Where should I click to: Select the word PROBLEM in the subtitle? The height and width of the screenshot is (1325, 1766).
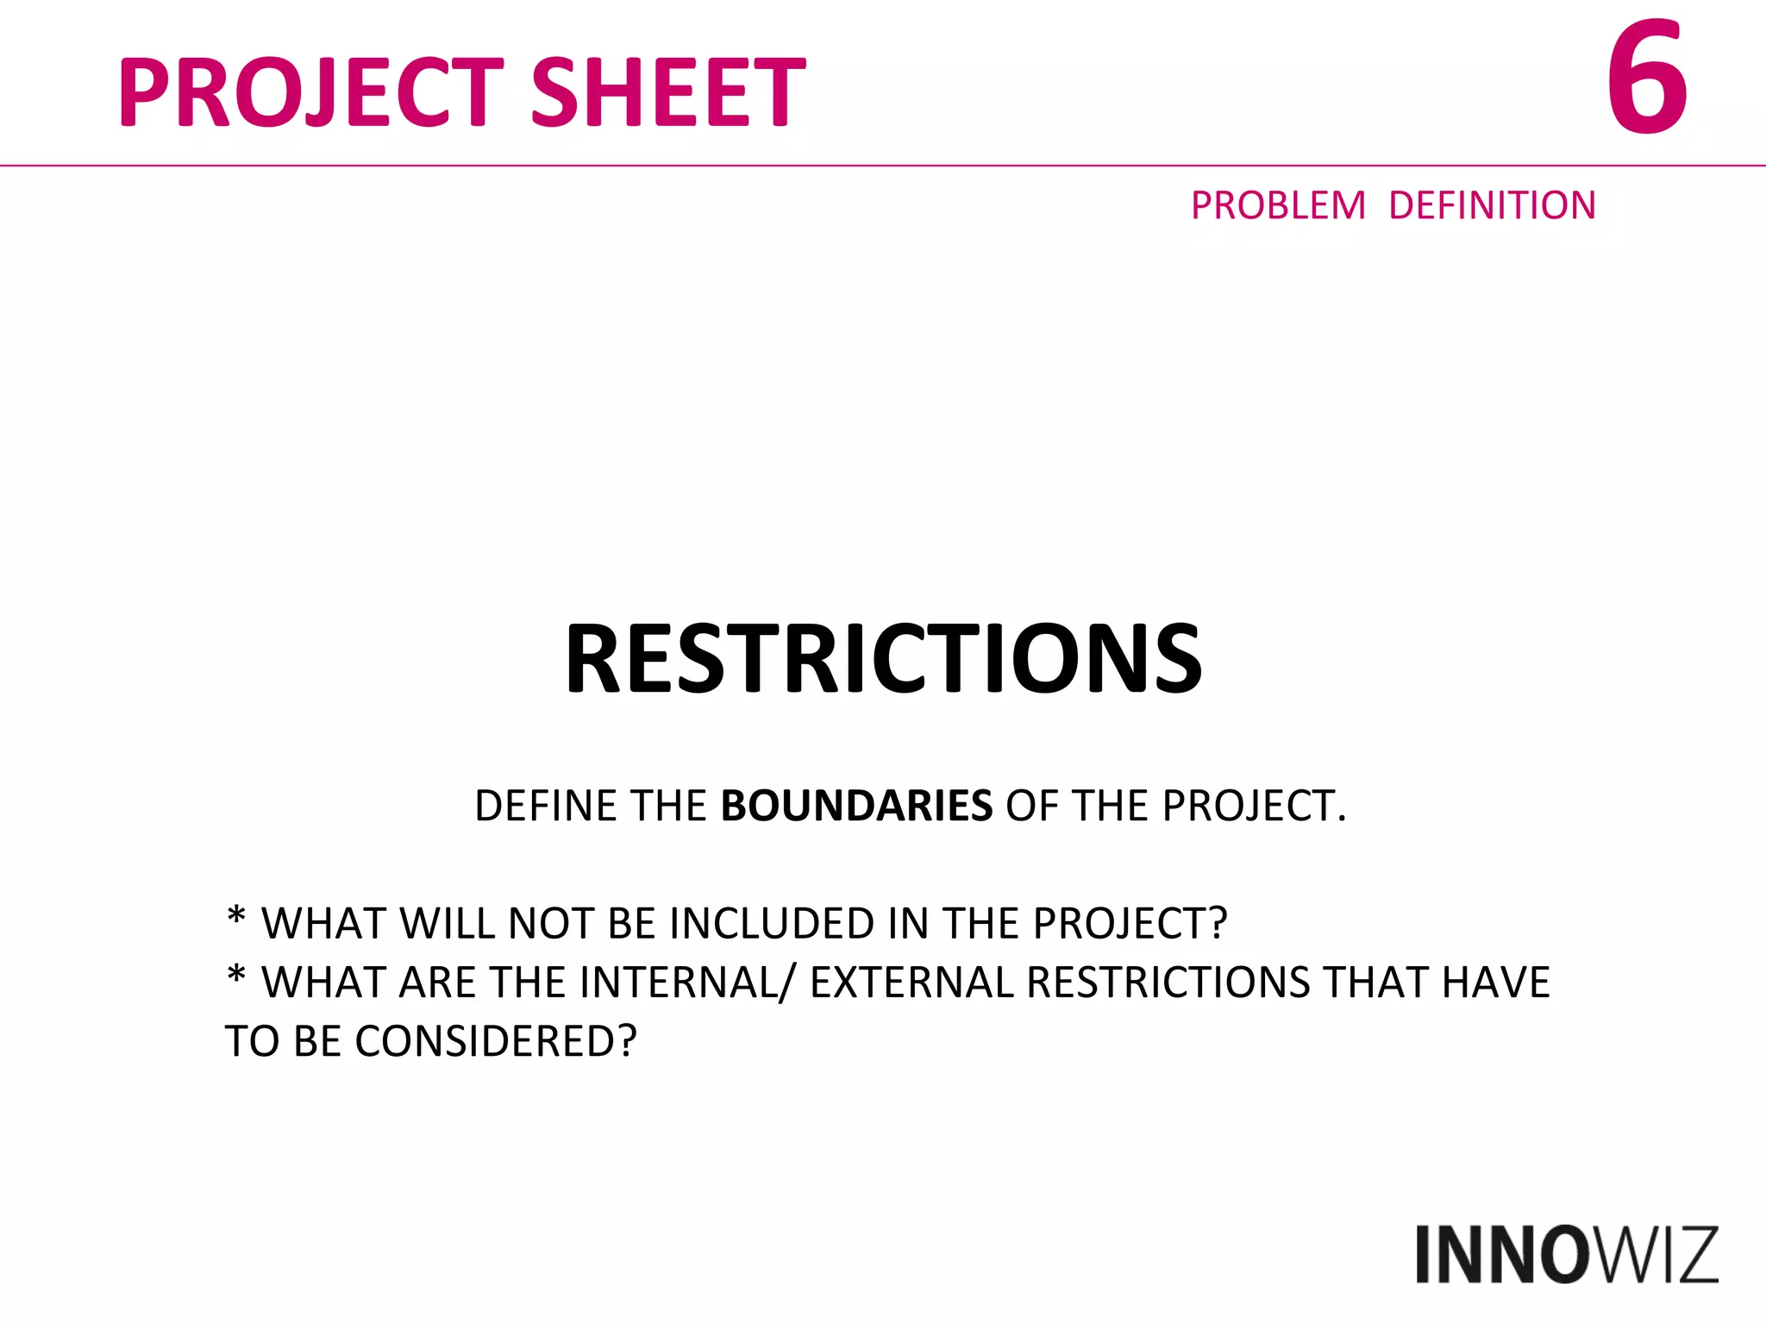coord(1278,206)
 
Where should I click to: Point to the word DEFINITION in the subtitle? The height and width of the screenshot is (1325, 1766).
coord(1492,206)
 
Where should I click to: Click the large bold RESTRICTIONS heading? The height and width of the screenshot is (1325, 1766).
coord(883,659)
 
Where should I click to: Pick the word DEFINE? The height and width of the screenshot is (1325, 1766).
coord(545,807)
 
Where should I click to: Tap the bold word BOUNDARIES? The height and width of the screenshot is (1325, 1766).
coord(856,807)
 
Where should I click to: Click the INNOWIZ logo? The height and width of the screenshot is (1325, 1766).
coord(1566,1255)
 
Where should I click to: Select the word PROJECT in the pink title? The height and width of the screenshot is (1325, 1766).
coord(310,92)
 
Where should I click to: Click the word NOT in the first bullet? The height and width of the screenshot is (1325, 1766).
coord(551,924)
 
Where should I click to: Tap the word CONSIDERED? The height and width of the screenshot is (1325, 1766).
coord(495,1041)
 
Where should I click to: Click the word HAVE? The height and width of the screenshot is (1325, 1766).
coord(1495,983)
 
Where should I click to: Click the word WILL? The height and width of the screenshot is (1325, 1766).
coord(447,924)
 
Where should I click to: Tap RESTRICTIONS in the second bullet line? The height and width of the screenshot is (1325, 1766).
coord(1168,983)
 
